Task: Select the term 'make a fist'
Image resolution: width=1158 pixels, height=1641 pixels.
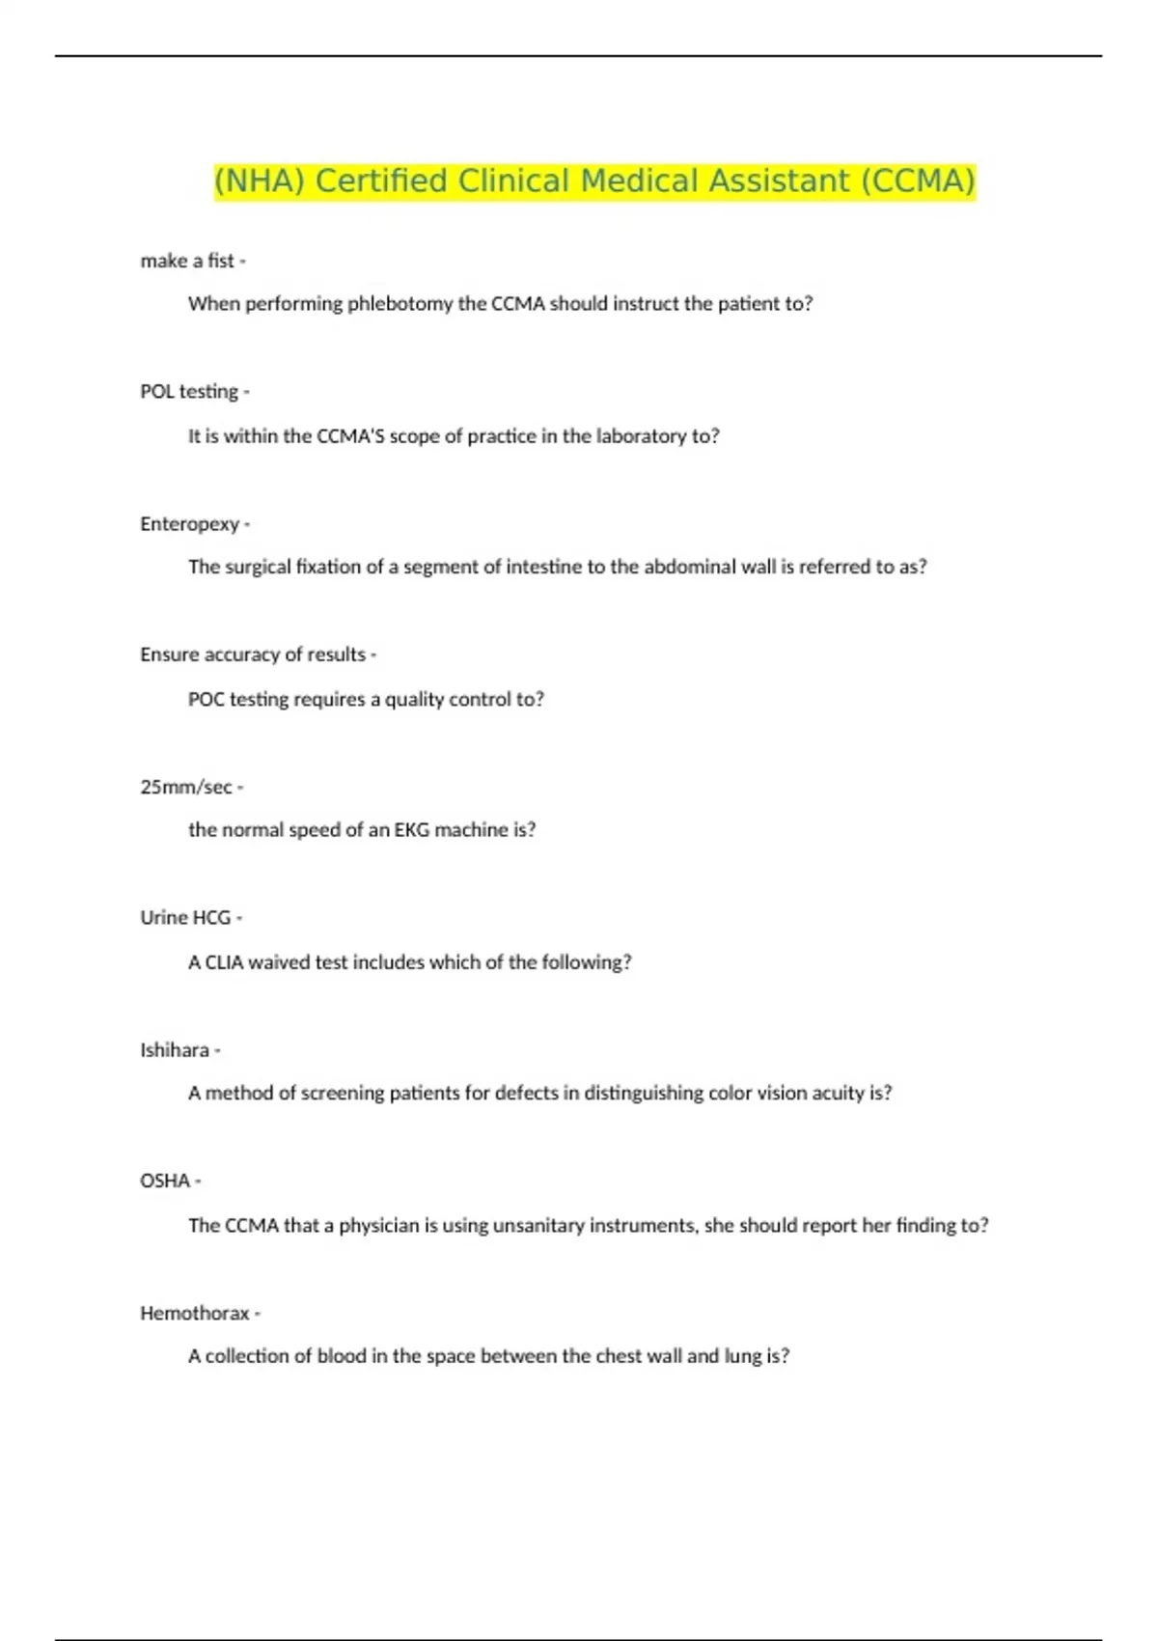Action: pyautogui.click(x=187, y=261)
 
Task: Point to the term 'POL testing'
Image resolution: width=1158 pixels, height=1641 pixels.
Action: pyautogui.click(x=189, y=392)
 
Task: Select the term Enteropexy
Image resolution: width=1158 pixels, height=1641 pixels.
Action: pyautogui.click(x=190, y=524)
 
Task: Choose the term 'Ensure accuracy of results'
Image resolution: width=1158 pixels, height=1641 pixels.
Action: pyautogui.click(x=253, y=654)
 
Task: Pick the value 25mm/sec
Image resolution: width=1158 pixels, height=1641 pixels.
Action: pyautogui.click(x=186, y=787)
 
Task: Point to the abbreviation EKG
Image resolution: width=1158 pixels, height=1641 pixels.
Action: pyautogui.click(x=412, y=830)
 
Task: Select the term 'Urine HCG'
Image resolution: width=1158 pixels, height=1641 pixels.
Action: pyautogui.click(x=185, y=918)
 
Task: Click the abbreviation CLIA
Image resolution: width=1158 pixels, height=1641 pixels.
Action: pyautogui.click(x=224, y=962)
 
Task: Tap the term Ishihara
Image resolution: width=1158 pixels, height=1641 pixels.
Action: pyautogui.click(x=175, y=1050)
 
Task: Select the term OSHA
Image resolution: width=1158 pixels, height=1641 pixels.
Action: pyautogui.click(x=165, y=1182)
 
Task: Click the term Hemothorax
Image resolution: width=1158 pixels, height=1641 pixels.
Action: pyautogui.click(x=195, y=1314)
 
